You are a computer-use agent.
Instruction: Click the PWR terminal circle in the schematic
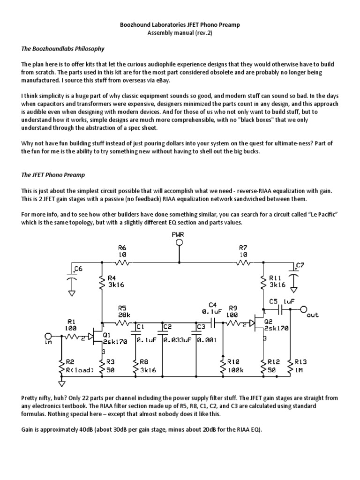pos(179,242)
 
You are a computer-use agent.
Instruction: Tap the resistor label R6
pos(122,247)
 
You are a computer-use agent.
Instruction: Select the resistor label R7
pos(243,247)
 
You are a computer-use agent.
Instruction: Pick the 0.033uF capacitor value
pos(177,340)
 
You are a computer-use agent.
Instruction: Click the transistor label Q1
pos(106,335)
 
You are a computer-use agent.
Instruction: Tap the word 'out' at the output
pos(312,315)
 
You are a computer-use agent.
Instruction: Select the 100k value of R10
pos(235,370)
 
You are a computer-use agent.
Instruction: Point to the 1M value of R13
pos(299,370)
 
